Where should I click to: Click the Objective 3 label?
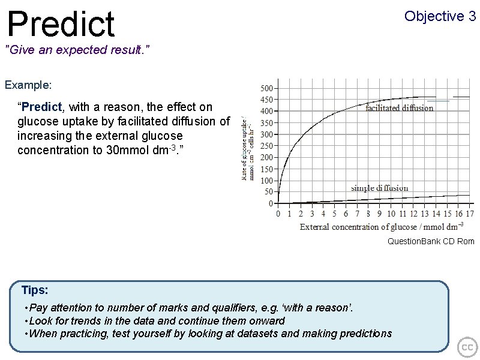440,16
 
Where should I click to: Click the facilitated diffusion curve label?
399,108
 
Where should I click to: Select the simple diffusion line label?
379,188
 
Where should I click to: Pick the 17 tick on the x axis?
469,213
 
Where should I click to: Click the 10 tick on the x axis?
391,213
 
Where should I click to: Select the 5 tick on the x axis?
334,213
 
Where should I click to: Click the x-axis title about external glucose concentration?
381,227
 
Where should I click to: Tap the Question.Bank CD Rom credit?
431,241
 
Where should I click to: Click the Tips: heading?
35,290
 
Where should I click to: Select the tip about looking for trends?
155,321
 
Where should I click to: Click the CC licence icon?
467,347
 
